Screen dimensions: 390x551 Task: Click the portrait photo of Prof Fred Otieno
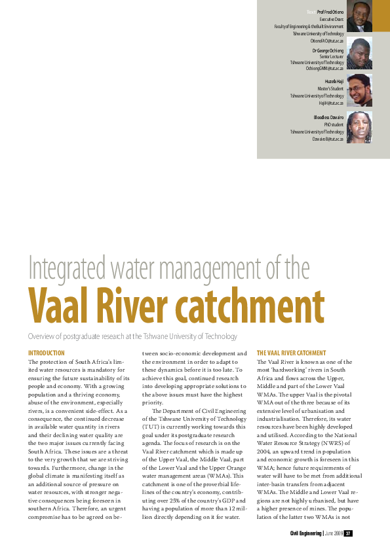(x=359, y=16)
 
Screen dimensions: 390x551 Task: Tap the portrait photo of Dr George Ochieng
(x=359, y=54)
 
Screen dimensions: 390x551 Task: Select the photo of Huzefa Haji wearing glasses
(x=359, y=90)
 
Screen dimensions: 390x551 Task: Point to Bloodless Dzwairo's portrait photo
(x=359, y=127)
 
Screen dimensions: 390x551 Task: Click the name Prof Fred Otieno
(x=330, y=12)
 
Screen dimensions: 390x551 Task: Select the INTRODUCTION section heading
(x=46, y=353)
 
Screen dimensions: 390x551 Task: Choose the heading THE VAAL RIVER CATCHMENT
(x=291, y=353)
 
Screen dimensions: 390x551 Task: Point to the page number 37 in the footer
(x=349, y=533)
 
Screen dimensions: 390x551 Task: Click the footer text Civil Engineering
(x=305, y=533)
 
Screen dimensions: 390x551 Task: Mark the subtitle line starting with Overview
(x=132, y=336)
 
